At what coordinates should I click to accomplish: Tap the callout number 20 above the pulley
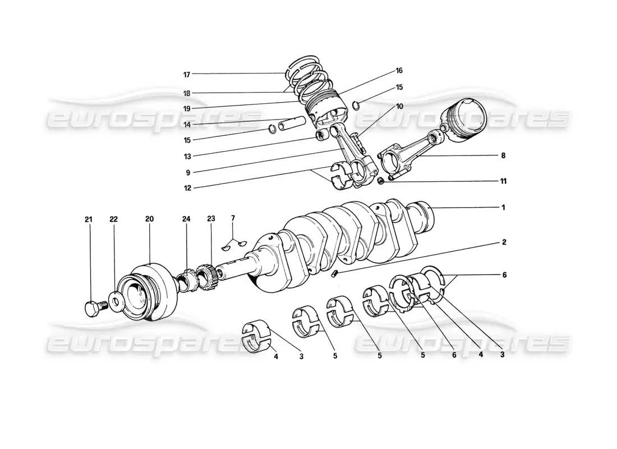[x=149, y=219]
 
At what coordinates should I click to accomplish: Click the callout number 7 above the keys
[x=233, y=218]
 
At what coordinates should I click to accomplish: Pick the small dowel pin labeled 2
[x=335, y=273]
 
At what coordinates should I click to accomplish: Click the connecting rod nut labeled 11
[x=380, y=181]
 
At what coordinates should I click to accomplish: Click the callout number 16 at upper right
[x=399, y=71]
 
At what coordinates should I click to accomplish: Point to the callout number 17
[x=187, y=75]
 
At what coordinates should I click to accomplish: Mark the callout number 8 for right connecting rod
[x=503, y=155]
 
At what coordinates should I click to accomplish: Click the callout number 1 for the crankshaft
[x=503, y=208]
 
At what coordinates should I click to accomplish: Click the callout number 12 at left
[x=187, y=188]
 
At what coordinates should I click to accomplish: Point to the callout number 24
[x=186, y=219]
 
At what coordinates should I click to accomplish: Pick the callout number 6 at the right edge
[x=504, y=275]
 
